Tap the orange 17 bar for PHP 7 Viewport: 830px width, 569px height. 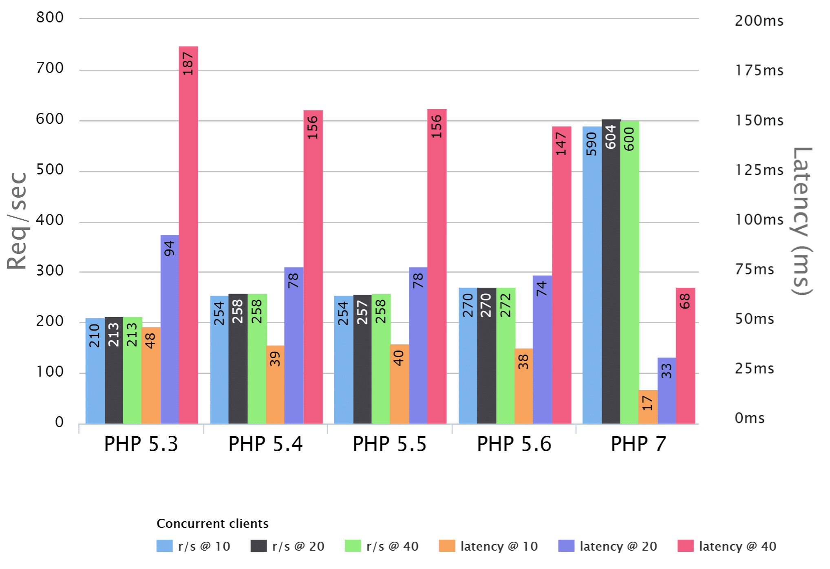(x=648, y=407)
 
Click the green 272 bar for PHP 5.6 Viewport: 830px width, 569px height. (x=506, y=355)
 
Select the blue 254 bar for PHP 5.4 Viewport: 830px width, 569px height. (x=219, y=359)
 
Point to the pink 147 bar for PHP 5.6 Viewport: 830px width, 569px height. (x=561, y=275)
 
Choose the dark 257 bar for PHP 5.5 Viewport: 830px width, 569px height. (x=362, y=359)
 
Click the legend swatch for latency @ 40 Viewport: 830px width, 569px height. (x=685, y=546)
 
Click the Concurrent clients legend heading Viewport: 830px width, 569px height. (x=212, y=523)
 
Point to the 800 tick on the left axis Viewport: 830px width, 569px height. (x=50, y=18)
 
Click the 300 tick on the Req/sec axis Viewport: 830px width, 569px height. (x=50, y=271)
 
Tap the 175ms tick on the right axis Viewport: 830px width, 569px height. (x=759, y=71)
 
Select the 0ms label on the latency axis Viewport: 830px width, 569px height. (x=749, y=418)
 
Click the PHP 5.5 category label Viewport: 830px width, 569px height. (x=389, y=444)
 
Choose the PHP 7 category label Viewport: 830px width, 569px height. (x=638, y=444)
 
